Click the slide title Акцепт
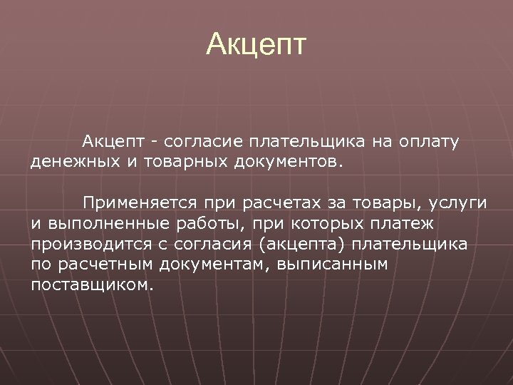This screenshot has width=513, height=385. (256, 44)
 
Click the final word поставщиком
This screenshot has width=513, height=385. (91, 285)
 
